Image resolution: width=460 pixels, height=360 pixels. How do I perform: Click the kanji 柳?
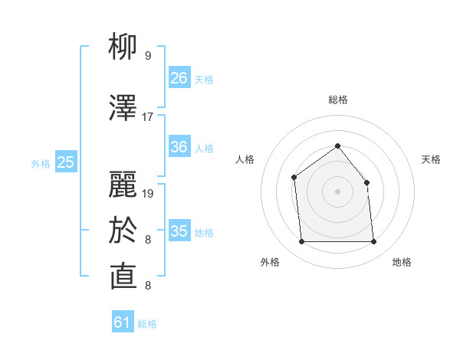click(x=123, y=47)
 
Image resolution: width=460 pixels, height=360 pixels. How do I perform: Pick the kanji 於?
click(x=123, y=230)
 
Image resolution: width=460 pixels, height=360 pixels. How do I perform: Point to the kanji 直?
click(x=123, y=277)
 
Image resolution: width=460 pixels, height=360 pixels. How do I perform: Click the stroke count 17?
click(x=148, y=117)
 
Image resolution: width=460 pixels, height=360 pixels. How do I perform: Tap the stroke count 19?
click(x=148, y=193)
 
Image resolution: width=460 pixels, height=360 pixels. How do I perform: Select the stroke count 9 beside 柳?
click(x=148, y=56)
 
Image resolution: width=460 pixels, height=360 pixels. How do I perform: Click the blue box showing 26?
click(x=179, y=78)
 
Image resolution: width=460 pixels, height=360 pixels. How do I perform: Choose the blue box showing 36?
click(x=179, y=147)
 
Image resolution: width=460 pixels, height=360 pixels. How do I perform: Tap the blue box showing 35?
click(x=179, y=231)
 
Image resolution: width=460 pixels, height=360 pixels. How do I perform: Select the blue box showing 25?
click(x=66, y=162)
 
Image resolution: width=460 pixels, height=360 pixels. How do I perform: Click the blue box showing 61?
click(x=123, y=322)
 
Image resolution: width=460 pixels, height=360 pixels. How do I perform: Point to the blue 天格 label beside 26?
click(x=204, y=80)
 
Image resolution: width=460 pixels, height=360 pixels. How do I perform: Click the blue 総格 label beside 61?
click(x=147, y=324)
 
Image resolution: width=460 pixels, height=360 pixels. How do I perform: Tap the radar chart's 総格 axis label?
click(x=337, y=100)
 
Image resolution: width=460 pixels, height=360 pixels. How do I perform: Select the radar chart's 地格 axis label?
click(x=402, y=262)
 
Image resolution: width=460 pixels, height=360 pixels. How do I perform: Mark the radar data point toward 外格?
click(x=301, y=242)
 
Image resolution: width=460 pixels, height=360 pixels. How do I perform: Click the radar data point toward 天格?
click(x=366, y=182)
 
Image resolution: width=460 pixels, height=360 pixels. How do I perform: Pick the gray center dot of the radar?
click(x=337, y=191)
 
